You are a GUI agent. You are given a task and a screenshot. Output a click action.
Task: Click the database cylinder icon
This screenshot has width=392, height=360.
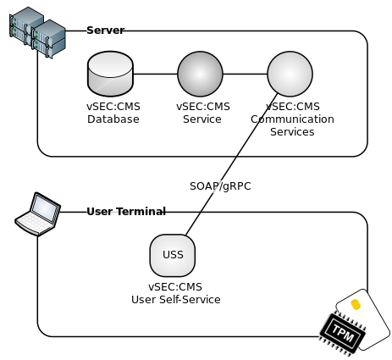click(x=110, y=74)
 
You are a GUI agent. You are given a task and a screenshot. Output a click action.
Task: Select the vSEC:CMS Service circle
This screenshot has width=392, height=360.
click(x=200, y=74)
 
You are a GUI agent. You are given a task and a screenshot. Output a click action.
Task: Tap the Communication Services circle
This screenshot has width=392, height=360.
click(x=290, y=74)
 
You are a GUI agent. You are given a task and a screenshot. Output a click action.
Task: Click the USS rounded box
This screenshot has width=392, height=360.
click(x=172, y=254)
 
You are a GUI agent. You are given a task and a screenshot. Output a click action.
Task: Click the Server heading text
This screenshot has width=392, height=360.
click(x=104, y=30)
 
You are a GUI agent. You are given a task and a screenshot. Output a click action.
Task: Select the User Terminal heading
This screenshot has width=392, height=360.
click(x=125, y=211)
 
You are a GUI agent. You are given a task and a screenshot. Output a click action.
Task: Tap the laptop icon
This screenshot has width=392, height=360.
click(x=38, y=214)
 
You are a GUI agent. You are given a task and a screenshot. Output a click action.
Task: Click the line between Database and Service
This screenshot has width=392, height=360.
click(x=155, y=74)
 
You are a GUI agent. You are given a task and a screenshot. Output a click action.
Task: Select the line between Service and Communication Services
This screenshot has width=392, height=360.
click(x=245, y=74)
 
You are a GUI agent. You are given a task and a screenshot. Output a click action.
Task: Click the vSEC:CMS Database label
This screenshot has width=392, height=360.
click(x=113, y=114)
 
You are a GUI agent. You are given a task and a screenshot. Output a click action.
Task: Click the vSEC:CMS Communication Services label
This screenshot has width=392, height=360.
click(x=292, y=119)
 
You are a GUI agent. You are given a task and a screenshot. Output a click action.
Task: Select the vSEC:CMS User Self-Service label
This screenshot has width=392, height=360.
click(x=175, y=293)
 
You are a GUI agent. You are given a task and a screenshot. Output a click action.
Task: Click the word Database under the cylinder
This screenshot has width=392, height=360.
click(x=113, y=119)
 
